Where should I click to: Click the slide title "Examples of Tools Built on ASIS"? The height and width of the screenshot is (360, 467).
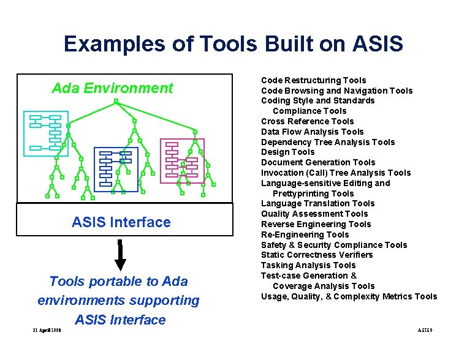click(233, 44)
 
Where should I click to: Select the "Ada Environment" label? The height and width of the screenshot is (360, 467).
click(112, 88)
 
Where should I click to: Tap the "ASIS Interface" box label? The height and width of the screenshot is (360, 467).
click(121, 222)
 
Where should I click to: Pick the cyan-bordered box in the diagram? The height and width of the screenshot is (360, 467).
click(46, 133)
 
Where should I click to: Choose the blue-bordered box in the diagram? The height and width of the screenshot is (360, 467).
click(116, 170)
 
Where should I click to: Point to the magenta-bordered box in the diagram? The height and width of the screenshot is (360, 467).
click(182, 160)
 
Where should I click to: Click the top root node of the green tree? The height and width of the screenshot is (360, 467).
click(116, 102)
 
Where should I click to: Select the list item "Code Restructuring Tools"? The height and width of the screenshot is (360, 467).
click(313, 80)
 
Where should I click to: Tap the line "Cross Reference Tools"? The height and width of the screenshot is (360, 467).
click(307, 121)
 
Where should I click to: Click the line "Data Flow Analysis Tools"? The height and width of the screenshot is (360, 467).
click(312, 132)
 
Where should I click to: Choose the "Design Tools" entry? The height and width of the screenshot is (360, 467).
click(287, 152)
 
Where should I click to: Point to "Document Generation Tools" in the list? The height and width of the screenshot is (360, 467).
click(318, 162)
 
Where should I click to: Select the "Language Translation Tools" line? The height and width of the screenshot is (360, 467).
click(317, 203)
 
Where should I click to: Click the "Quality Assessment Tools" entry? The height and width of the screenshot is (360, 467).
click(314, 214)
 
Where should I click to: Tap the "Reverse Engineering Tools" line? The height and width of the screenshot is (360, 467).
click(316, 224)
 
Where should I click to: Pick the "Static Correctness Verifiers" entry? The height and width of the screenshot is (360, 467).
click(317, 255)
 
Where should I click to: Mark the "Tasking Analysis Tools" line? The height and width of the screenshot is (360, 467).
click(308, 265)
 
